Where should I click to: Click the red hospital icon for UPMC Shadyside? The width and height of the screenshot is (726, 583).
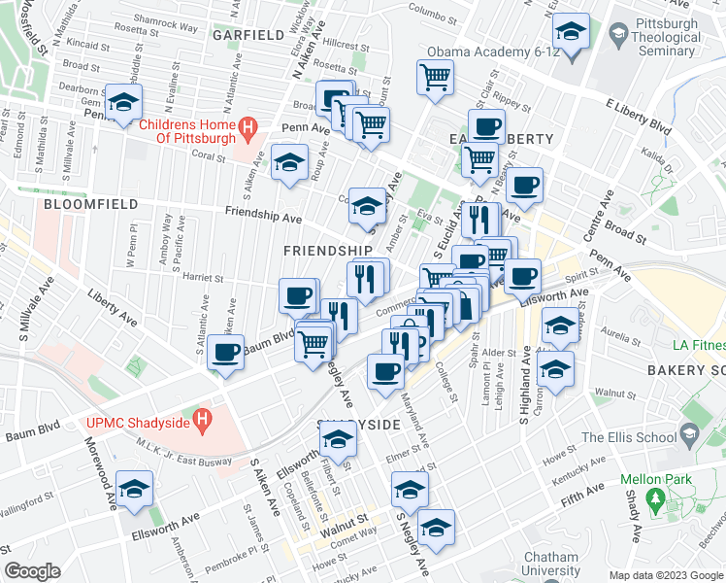click(x=202, y=421)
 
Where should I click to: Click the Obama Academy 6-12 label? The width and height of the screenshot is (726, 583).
click(x=494, y=51)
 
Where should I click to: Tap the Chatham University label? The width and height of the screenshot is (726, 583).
click(x=551, y=564)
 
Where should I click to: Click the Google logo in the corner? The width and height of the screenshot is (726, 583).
click(x=33, y=571)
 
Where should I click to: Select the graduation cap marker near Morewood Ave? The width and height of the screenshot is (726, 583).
click(x=134, y=488)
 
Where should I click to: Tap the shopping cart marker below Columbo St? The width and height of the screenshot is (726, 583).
click(x=436, y=77)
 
